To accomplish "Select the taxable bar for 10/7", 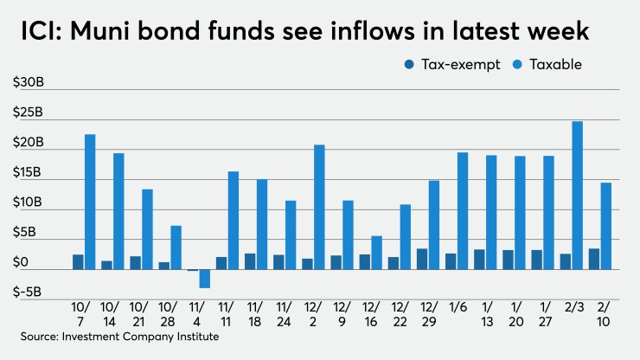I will (90, 202).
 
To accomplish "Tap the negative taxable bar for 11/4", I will (205, 279).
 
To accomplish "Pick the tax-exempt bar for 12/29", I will (422, 259).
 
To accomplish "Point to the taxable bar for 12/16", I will (377, 253).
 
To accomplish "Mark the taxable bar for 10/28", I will (176, 247).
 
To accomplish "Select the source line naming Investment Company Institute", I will (121, 337).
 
